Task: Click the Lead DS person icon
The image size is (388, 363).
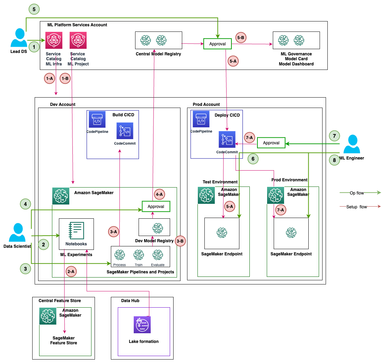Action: click(19, 38)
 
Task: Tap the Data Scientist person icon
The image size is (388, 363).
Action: click(17, 233)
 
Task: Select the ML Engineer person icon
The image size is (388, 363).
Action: click(352, 144)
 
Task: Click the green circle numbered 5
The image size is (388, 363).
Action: click(34, 9)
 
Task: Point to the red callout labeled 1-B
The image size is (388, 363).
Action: click(65, 79)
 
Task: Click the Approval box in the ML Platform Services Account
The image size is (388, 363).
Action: click(218, 44)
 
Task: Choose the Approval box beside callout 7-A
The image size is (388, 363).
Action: click(271, 143)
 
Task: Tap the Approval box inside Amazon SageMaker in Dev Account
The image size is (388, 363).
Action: click(156, 206)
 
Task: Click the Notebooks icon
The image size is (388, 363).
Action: click(76, 231)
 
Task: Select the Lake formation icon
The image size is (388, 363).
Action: click(142, 325)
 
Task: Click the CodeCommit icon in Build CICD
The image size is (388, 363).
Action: click(125, 131)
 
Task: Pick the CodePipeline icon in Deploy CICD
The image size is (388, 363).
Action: click(201, 119)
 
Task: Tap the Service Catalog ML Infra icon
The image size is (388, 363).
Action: click(54, 40)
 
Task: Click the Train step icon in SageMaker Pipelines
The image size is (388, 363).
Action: click(139, 255)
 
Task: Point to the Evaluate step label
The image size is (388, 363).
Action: click(158, 265)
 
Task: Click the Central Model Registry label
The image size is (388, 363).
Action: click(158, 54)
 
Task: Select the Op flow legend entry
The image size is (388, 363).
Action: click(360, 193)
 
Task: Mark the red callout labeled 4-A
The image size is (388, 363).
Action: click(159, 194)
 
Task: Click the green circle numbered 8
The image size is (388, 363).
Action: click(335, 160)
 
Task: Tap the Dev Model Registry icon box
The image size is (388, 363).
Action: click(155, 227)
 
